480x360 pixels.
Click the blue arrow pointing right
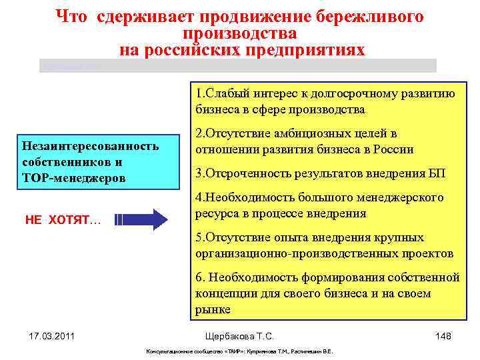pyautogui.click(x=147, y=219)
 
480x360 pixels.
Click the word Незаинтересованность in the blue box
pyautogui.click(x=90, y=146)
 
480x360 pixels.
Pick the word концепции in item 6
pyautogui.click(x=225, y=293)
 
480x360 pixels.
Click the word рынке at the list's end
pyautogui.click(x=213, y=309)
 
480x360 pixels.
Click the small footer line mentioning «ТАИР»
pyautogui.click(x=239, y=352)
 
